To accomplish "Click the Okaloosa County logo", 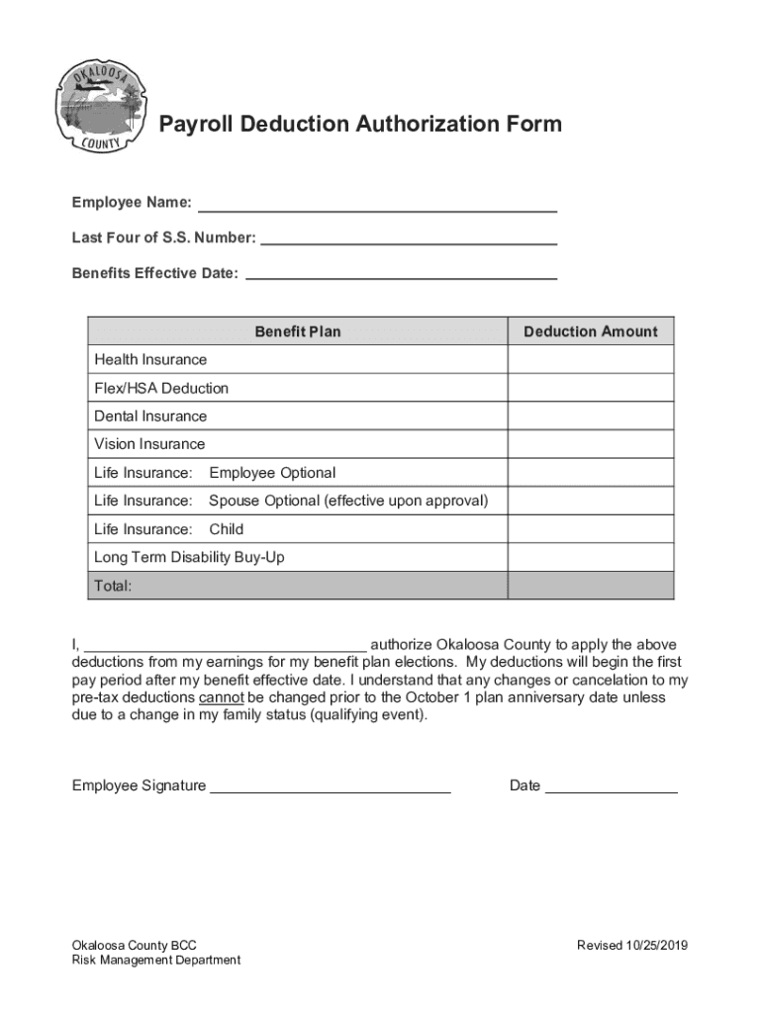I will tap(98, 108).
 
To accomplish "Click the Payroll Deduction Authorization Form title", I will tap(360, 125).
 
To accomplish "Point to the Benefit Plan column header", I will tap(297, 331).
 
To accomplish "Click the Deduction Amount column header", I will tap(590, 331).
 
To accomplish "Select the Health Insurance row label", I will tap(150, 360).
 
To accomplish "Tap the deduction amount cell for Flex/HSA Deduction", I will tap(590, 388).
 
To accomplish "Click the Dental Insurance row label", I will tap(150, 416).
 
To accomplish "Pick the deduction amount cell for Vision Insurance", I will tap(590, 444).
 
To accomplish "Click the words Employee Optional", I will tap(272, 473).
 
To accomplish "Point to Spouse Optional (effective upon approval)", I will tap(348, 501).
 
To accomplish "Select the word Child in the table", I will tap(226, 529).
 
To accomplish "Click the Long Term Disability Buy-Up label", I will tap(189, 557).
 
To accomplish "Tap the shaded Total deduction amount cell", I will tap(590, 586).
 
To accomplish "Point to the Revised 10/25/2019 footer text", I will tap(631, 945).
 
